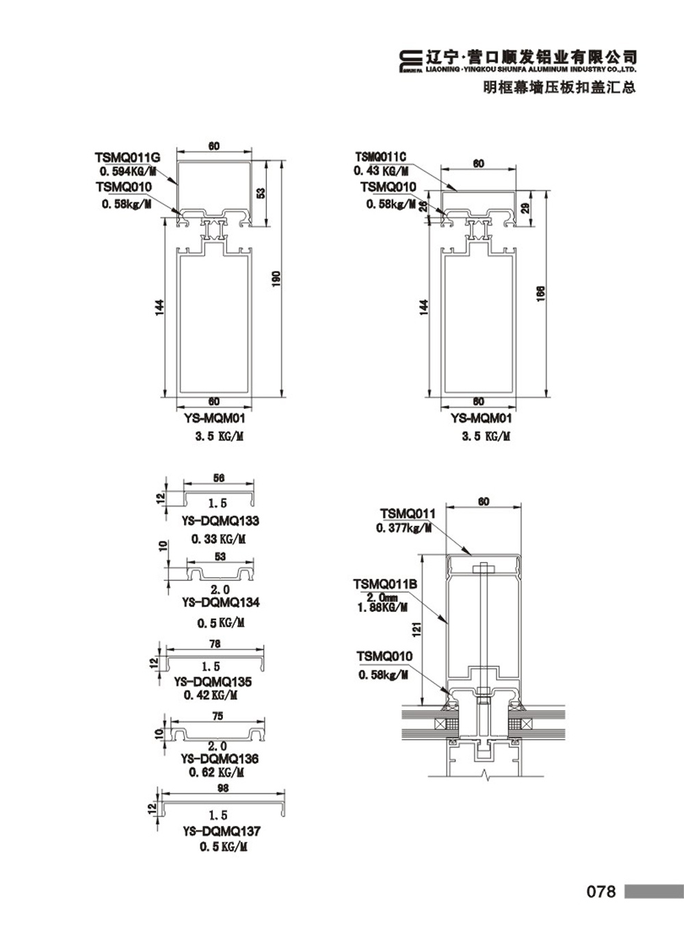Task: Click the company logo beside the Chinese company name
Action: (x=410, y=62)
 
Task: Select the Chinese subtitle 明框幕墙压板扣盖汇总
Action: (x=560, y=87)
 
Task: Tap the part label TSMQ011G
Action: (x=127, y=158)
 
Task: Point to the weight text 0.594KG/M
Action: (x=128, y=172)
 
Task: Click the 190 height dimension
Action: (x=276, y=278)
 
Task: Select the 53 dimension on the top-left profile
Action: (x=261, y=194)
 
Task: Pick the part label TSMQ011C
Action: (x=380, y=157)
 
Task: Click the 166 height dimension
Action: (x=540, y=293)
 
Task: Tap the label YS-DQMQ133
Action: (x=220, y=520)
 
